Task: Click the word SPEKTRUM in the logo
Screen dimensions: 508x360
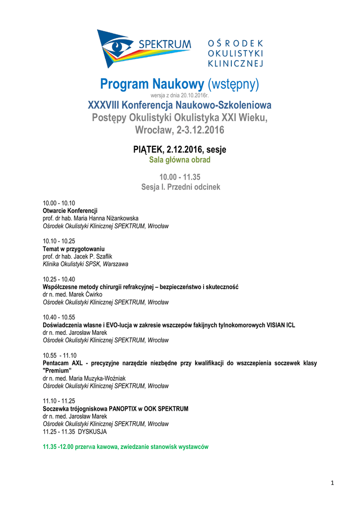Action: tap(164, 45)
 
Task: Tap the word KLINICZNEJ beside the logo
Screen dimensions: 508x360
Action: tap(235, 63)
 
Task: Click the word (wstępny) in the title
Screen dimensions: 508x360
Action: tap(233, 85)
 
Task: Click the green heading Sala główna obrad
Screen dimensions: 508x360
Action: tap(180, 160)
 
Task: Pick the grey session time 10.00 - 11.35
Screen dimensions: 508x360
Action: tap(180, 177)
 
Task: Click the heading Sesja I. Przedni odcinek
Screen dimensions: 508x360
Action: tap(180, 187)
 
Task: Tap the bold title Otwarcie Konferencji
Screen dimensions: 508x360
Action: tap(70, 211)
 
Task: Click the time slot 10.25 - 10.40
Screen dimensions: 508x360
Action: tap(59, 279)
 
